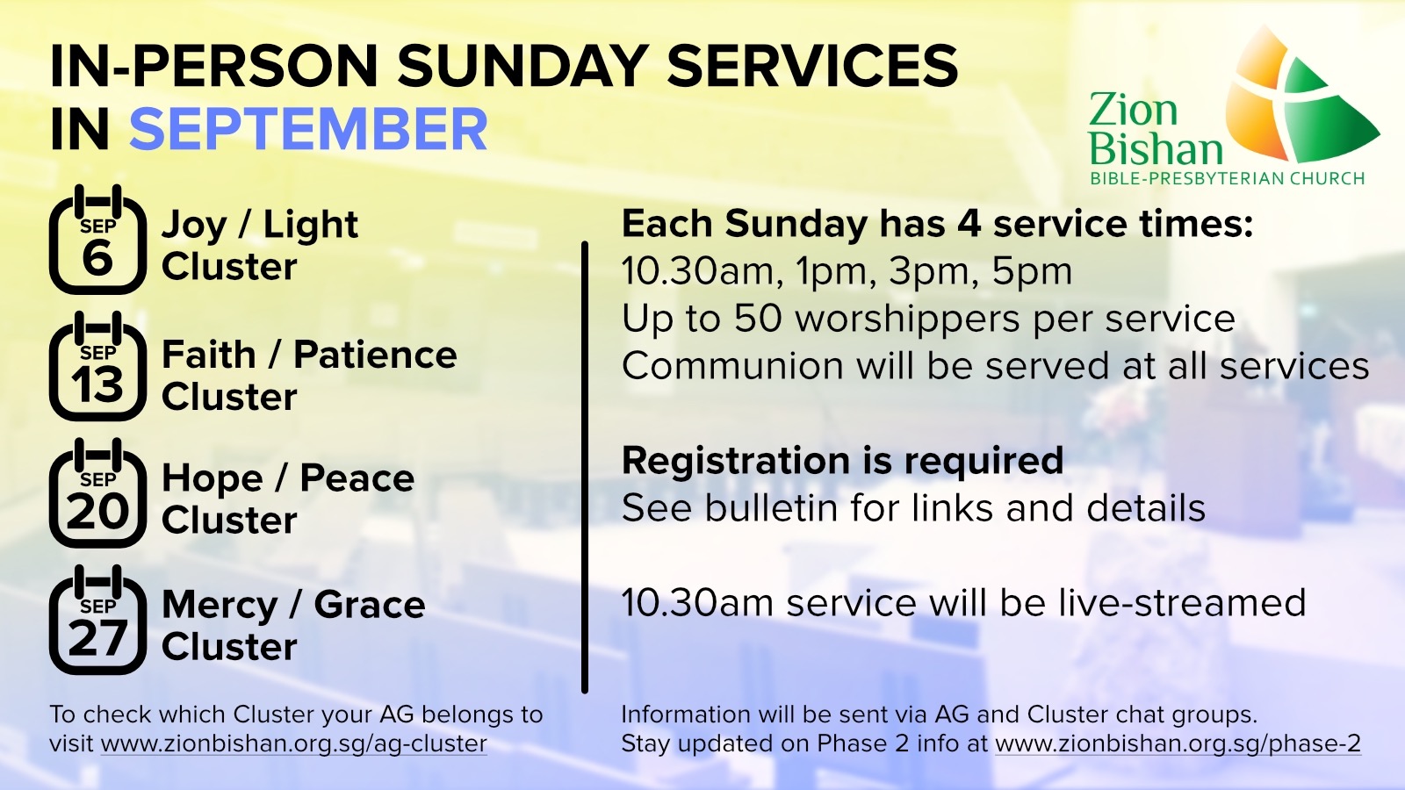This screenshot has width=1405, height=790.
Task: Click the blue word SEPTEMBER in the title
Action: point(308,129)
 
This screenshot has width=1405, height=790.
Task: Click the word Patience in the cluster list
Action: point(375,355)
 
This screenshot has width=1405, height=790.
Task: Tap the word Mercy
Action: point(220,606)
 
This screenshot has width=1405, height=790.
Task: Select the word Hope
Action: point(212,479)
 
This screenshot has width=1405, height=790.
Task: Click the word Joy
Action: point(194,226)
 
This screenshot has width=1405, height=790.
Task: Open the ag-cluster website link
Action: point(293,743)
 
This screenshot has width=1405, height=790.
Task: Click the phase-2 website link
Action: point(1178,743)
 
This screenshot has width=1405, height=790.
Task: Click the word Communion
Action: point(732,365)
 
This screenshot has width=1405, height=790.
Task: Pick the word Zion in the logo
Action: point(1134,110)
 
